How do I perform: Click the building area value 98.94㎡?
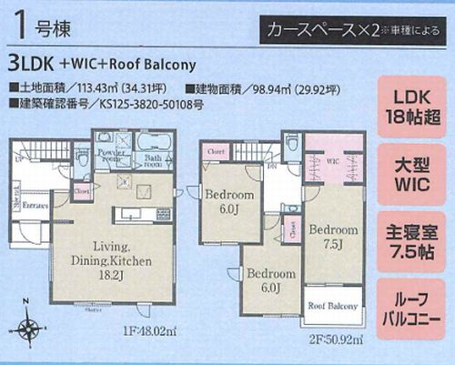[278, 88]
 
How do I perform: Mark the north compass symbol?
[30, 329]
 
